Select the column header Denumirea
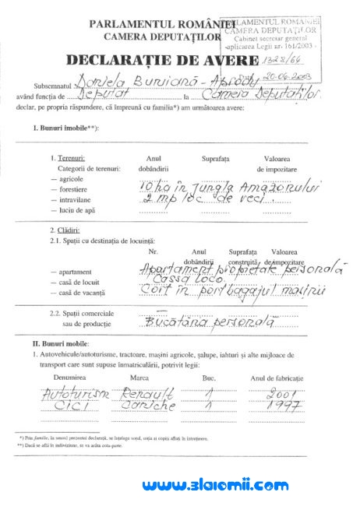coord(68,377)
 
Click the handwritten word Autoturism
coord(74,394)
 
